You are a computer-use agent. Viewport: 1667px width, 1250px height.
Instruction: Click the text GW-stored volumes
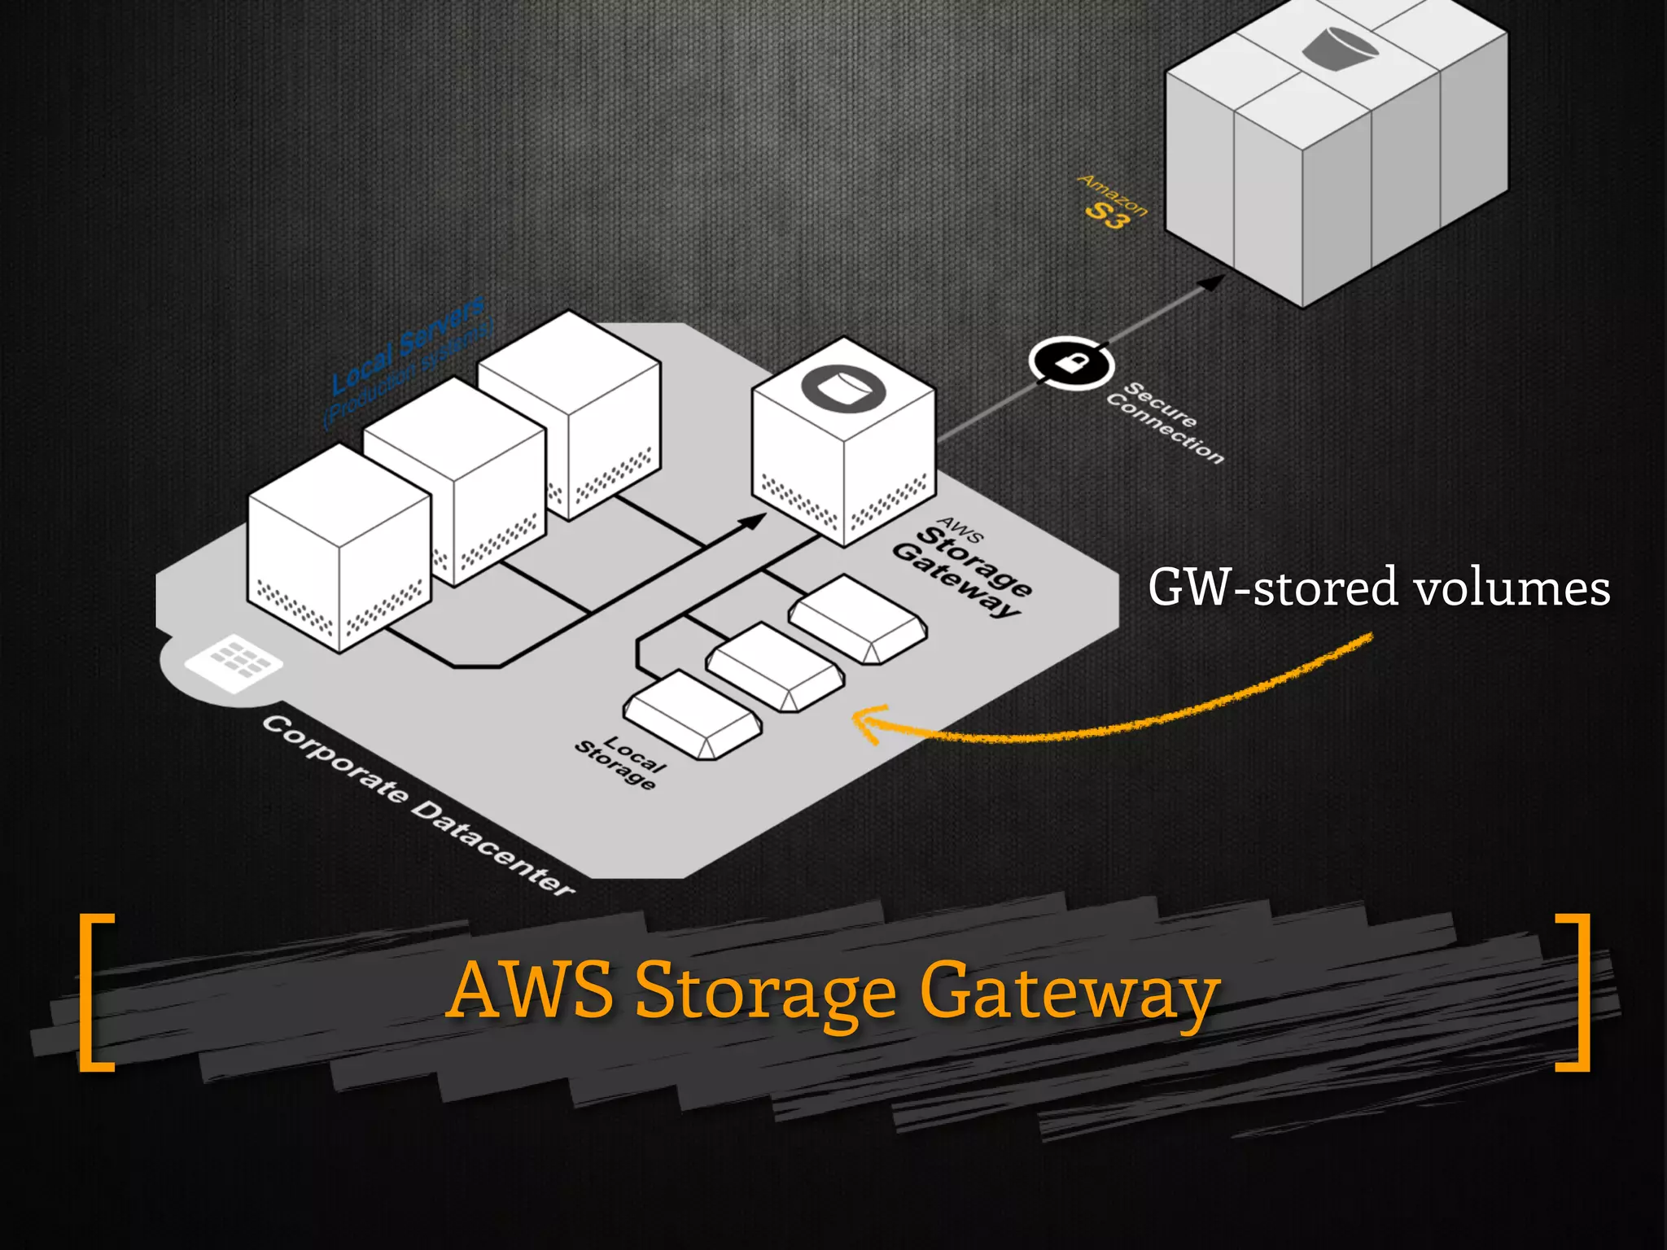1378,588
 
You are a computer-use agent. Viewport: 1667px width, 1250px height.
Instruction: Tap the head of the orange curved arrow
861,720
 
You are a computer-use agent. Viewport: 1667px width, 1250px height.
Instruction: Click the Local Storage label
620,762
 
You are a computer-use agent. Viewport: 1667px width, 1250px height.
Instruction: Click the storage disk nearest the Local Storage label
693,714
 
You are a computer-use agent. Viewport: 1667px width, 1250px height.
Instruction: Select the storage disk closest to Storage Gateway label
858,618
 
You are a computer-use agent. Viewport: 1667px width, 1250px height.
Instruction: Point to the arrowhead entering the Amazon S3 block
1214,282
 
